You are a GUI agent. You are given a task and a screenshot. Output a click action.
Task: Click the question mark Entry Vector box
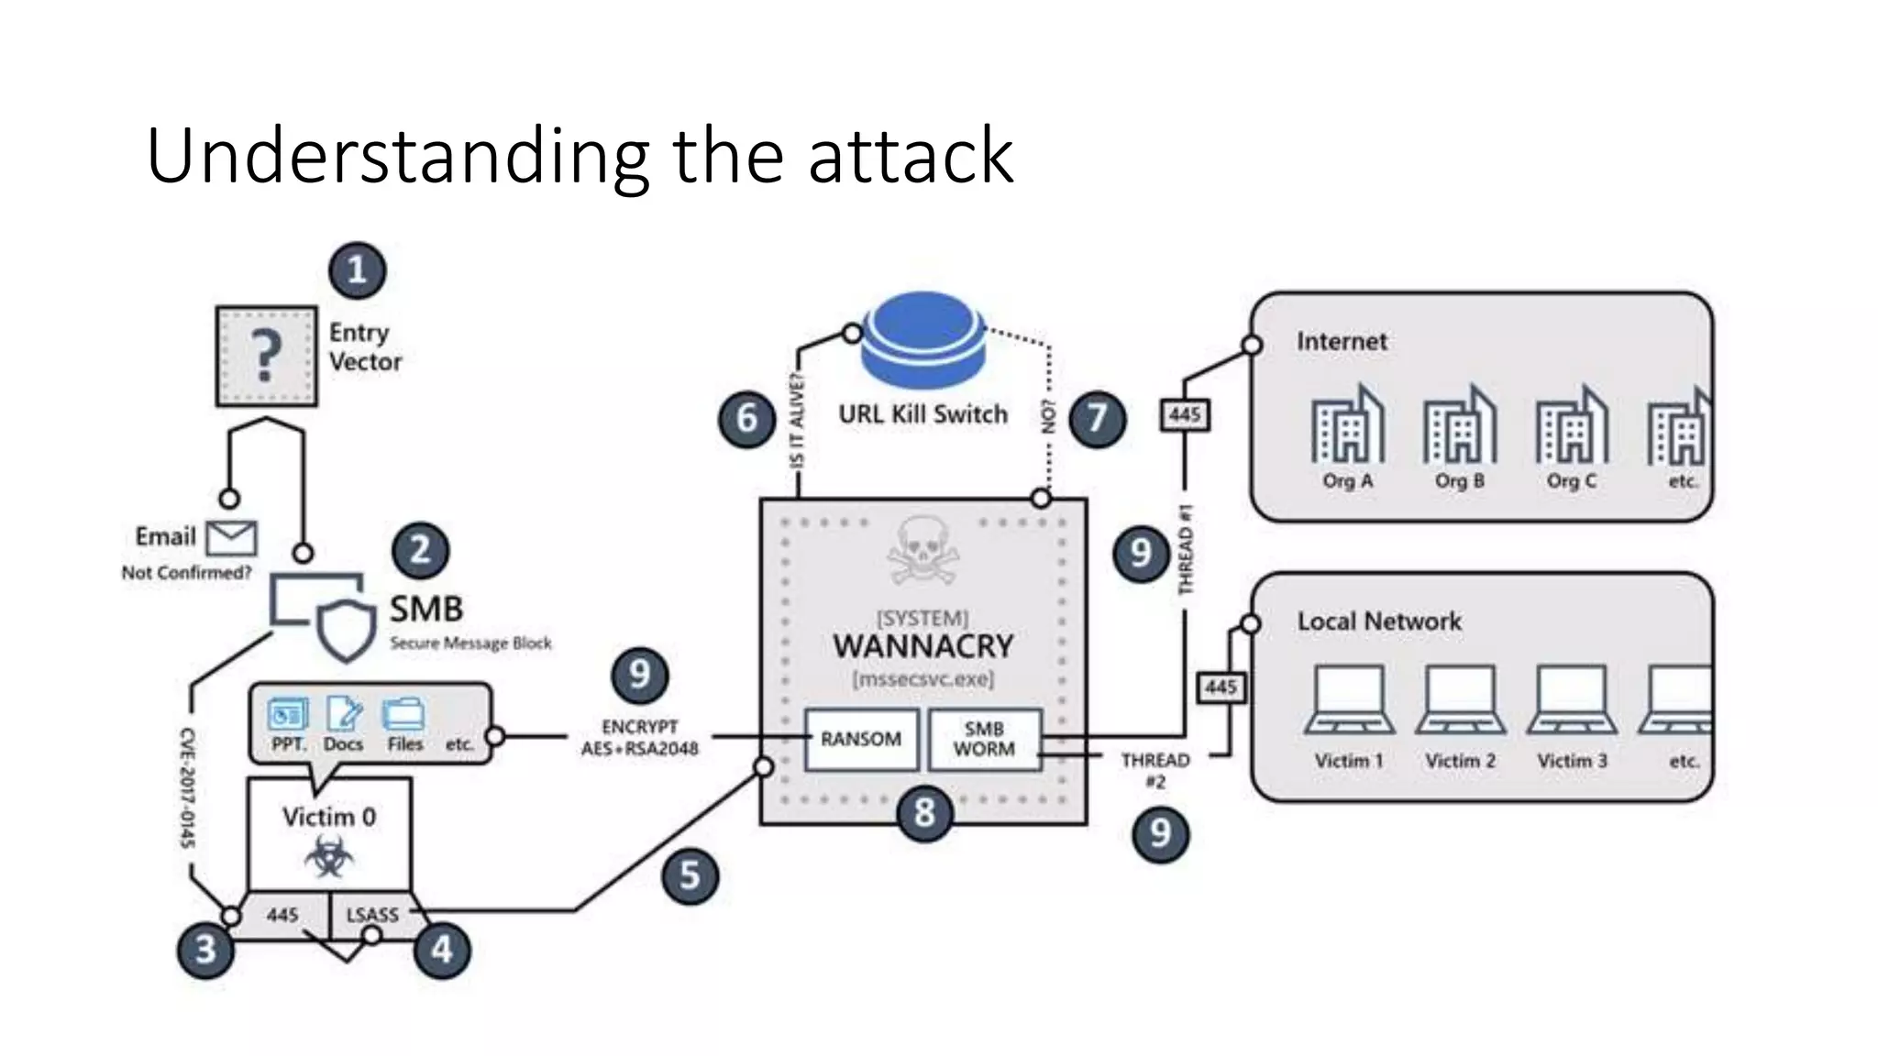(x=266, y=356)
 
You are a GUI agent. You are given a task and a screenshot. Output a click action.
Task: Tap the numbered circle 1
(x=357, y=270)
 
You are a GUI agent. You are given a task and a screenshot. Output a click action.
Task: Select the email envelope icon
(x=231, y=538)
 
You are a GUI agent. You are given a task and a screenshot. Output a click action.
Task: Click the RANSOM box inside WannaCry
(x=861, y=739)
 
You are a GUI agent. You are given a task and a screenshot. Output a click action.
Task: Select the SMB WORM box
(x=984, y=739)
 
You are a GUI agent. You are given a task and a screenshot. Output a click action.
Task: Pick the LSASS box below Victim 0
(x=372, y=915)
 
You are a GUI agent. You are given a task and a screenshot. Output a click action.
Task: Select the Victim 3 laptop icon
(x=1572, y=701)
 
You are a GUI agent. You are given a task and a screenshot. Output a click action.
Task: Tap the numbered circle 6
(x=746, y=419)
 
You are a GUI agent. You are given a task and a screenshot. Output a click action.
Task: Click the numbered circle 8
(x=923, y=812)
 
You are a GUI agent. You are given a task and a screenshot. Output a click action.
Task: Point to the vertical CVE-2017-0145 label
(x=187, y=786)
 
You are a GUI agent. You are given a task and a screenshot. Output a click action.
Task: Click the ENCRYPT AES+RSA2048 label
(x=639, y=738)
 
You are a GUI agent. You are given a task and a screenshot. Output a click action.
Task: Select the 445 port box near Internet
(x=1184, y=415)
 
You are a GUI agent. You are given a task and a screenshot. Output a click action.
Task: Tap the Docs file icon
(x=344, y=714)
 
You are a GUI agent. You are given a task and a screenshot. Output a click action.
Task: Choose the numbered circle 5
(x=690, y=875)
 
